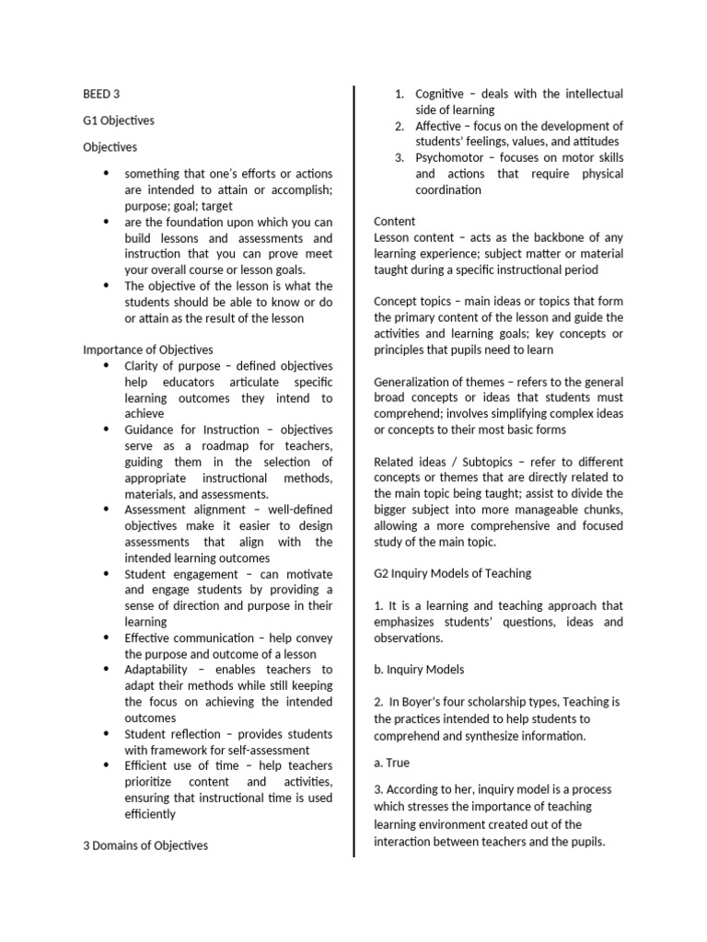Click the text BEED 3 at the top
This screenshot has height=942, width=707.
[101, 93]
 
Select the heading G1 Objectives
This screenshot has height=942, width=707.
[119, 120]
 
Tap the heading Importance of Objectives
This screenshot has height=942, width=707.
[147, 350]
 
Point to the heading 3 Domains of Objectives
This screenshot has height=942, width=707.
[145, 845]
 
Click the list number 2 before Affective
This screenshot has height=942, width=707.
[400, 126]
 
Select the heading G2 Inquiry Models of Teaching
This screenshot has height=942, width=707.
[452, 573]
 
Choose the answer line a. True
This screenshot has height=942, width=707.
[391, 763]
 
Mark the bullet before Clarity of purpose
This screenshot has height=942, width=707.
[107, 366]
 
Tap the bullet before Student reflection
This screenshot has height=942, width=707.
[107, 734]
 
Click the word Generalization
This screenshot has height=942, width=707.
[414, 382]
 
